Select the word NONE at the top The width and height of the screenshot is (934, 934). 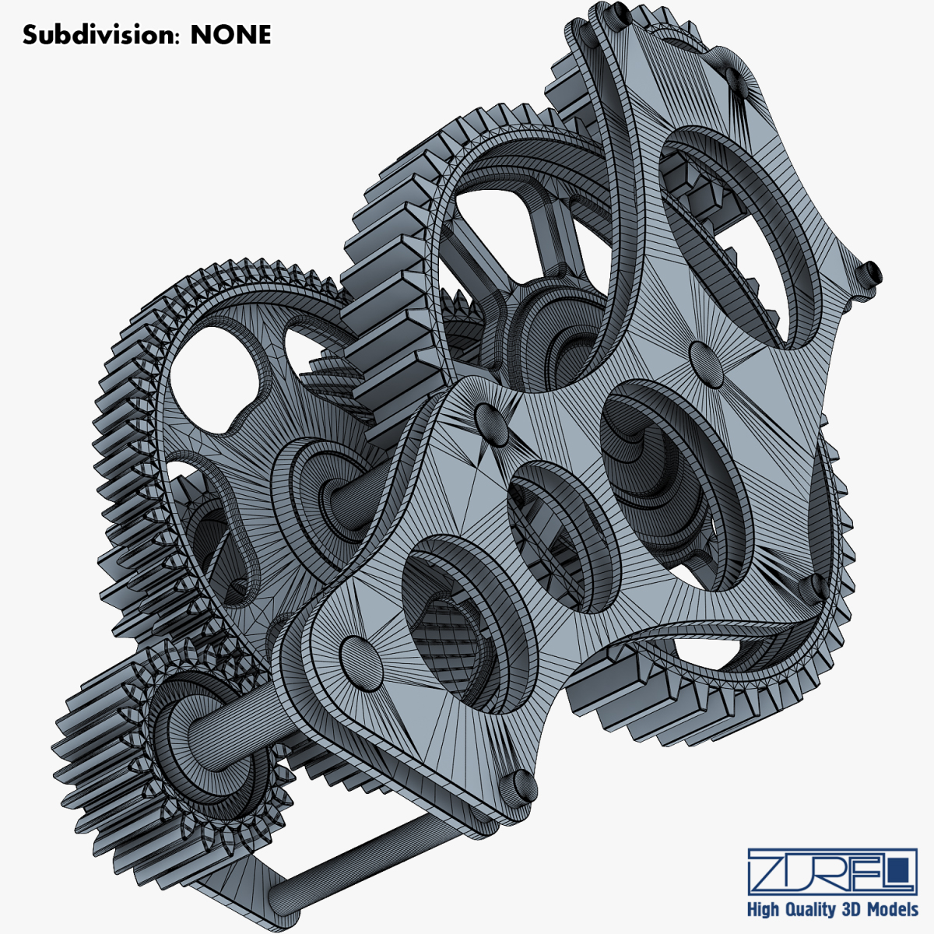tap(230, 35)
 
